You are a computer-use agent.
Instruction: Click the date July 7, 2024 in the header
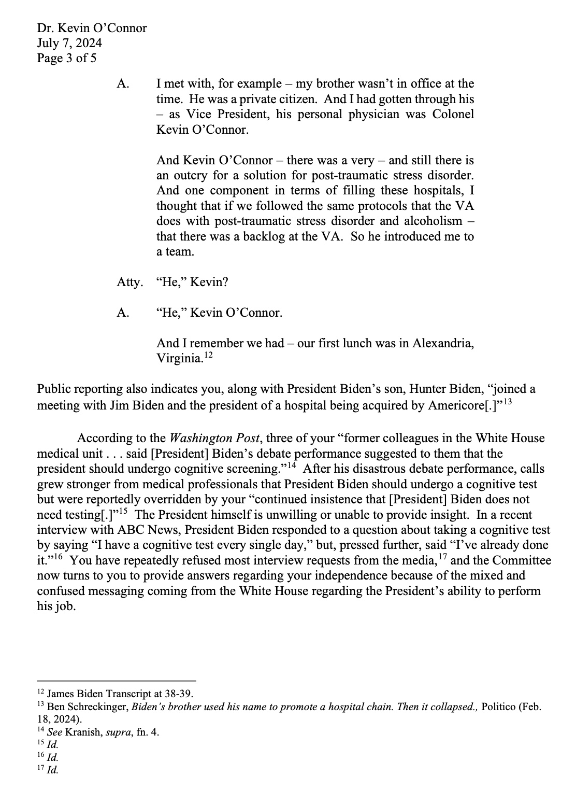69,43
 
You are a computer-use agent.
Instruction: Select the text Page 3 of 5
66,58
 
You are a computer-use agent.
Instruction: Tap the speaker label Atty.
129,282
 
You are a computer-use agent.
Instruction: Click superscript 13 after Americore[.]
508,402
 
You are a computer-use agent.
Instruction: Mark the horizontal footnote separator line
117,681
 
